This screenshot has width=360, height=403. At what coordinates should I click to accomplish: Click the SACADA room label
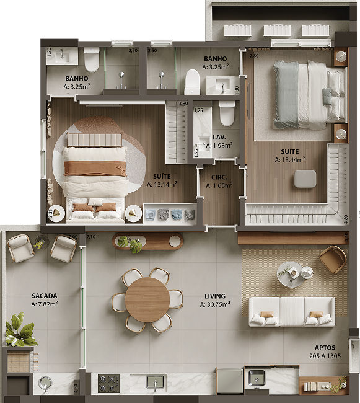point(45,296)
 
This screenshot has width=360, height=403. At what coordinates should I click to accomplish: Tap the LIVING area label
point(215,296)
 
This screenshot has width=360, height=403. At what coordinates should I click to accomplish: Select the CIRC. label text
point(219,177)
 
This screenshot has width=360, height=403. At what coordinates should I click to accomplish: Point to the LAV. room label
point(219,137)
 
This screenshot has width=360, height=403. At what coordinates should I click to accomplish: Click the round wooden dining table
point(147,300)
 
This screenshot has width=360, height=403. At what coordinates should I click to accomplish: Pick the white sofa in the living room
point(292,311)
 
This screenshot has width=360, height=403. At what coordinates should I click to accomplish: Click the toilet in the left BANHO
point(92,60)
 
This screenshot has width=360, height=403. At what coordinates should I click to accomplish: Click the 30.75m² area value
point(215,304)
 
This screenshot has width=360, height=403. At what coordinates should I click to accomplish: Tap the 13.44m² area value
point(290,160)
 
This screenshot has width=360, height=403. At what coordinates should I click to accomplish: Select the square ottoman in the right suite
point(305,179)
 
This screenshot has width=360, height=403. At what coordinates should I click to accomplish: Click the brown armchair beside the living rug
point(333,259)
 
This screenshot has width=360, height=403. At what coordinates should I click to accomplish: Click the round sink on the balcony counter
point(45,383)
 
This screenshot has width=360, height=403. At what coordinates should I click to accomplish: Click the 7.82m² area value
point(45,304)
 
